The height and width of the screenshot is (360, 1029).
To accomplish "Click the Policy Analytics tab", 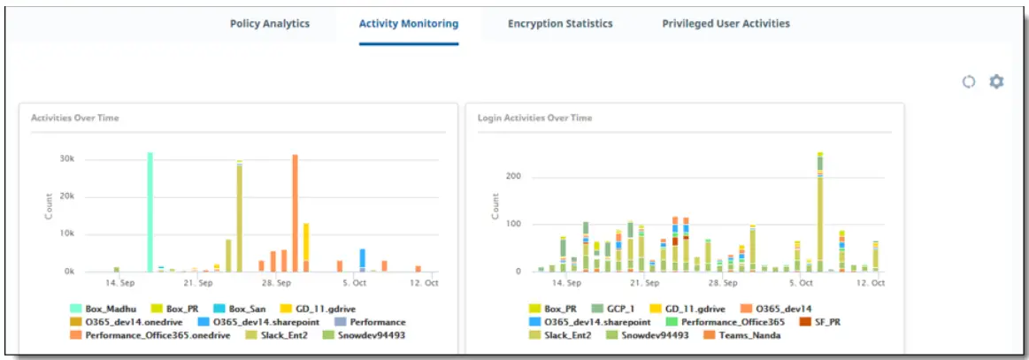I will [270, 23].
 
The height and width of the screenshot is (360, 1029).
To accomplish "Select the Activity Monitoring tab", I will [408, 23].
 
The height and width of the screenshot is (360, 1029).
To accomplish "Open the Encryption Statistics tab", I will [560, 23].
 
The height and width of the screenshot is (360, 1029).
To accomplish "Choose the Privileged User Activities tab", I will [726, 23].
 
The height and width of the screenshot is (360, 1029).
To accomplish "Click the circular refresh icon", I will [969, 81].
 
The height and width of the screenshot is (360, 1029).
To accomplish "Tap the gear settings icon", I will [997, 81].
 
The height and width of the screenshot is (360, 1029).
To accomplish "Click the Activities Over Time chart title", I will [75, 118].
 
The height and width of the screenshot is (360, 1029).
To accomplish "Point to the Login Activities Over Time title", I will [535, 118].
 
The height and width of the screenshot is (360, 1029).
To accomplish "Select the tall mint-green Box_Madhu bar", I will [150, 212].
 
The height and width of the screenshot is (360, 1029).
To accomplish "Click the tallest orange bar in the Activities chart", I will [295, 212].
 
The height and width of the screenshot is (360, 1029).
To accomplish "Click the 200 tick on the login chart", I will [512, 177].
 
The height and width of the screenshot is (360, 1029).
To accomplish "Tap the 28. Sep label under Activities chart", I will [277, 283].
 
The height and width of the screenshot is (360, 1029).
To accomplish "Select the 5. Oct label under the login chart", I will [801, 283].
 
